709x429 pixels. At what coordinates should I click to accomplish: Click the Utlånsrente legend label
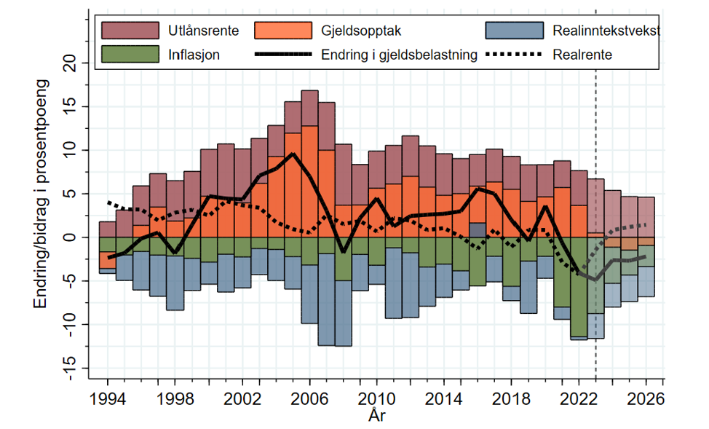coord(191,31)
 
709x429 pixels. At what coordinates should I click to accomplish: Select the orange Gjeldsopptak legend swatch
coord(282,31)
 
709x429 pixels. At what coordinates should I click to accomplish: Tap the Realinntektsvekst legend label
coord(606,31)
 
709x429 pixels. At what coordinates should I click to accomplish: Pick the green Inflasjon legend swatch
coord(130,54)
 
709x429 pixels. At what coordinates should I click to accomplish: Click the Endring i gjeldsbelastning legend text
coord(399,54)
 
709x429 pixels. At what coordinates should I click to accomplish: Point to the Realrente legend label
coord(582,54)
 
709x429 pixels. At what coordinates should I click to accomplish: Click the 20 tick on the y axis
coord(70,64)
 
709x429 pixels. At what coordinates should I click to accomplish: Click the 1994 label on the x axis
coord(108,400)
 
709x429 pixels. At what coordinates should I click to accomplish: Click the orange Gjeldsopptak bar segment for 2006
coord(309,182)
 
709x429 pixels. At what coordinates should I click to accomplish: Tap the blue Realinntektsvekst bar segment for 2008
coord(343,313)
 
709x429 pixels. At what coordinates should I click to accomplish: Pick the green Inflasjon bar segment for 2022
coord(579,287)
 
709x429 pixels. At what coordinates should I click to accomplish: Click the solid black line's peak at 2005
coord(293,154)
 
